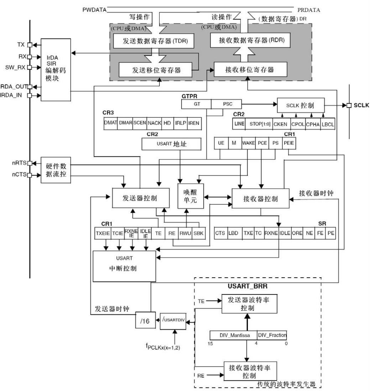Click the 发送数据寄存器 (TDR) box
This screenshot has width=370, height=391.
pos(153,42)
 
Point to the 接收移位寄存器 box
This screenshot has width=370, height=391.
pos(250,69)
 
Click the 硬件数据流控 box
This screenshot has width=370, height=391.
pos(56,169)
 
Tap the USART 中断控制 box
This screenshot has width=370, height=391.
pos(124,266)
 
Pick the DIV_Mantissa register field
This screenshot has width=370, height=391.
pos(233,335)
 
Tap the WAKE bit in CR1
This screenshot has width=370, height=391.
pos(248,143)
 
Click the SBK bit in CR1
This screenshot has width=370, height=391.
pos(199,233)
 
